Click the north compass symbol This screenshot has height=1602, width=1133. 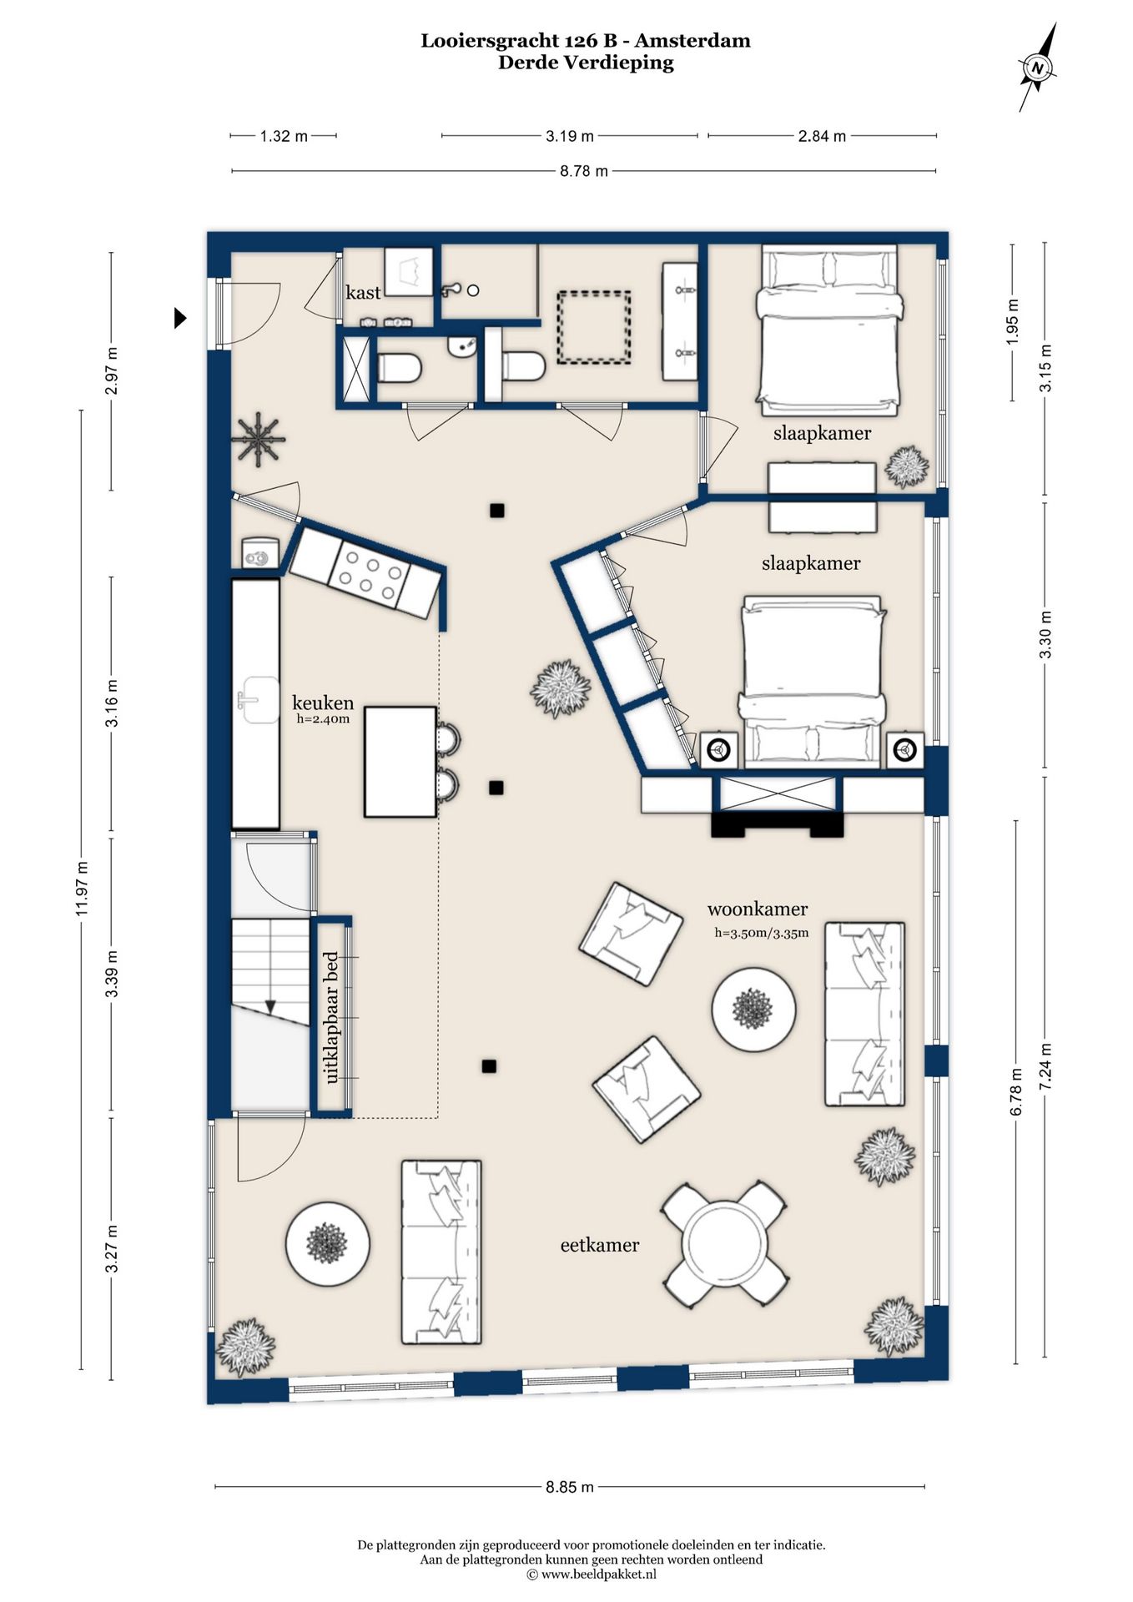click(1038, 68)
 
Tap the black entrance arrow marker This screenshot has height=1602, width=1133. click(180, 318)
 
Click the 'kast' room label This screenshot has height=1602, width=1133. click(363, 292)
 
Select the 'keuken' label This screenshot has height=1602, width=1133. click(323, 703)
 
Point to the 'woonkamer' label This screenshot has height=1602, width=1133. click(758, 909)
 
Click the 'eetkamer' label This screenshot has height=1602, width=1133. click(600, 1245)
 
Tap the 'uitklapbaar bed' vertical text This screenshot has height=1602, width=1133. click(331, 1017)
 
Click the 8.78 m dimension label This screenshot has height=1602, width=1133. click(584, 171)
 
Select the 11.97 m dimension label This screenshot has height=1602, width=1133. click(82, 889)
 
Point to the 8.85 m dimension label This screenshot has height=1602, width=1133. click(570, 1487)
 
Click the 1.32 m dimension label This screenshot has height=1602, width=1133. click(284, 136)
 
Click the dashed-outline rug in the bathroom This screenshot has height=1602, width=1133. click(594, 327)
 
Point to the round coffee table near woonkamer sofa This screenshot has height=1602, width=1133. click(753, 1010)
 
